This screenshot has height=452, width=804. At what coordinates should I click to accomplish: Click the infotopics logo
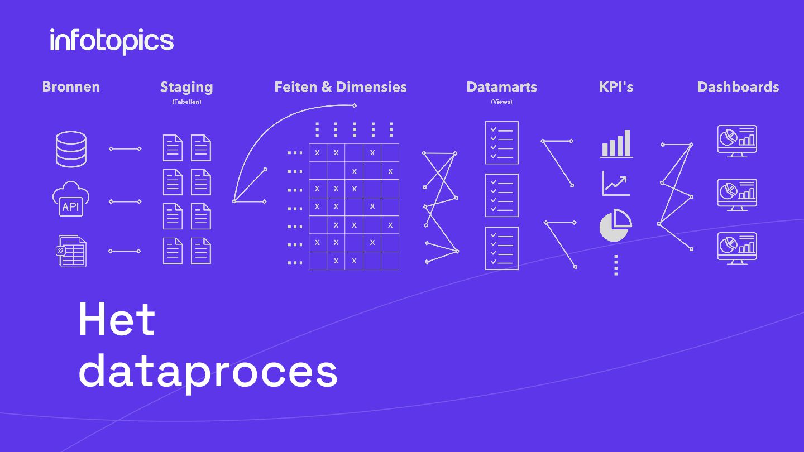coord(112,41)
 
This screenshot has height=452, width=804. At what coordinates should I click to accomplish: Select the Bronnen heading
coord(71,87)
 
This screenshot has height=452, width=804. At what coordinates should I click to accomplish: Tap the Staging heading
coord(186,87)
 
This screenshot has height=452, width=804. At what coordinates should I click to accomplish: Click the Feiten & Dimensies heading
coord(341,87)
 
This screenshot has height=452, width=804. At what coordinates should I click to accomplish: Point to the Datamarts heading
coord(501,87)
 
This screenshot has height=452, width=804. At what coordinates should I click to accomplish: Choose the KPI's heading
coord(616,87)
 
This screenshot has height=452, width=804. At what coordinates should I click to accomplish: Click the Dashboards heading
coord(738,87)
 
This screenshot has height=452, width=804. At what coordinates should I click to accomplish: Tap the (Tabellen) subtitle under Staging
coord(186,102)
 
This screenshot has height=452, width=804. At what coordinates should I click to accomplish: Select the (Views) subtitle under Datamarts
coord(501,102)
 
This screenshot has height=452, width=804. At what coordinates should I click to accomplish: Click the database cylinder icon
coord(71,149)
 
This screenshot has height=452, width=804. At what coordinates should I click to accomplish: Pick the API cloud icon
coord(71,199)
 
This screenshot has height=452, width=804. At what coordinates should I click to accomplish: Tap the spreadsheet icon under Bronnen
coord(72,251)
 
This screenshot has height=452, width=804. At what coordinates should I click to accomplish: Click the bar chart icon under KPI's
coord(616,144)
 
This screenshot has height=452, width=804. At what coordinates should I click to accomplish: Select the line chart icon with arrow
coord(616,184)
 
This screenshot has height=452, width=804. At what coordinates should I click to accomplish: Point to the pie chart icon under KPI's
coord(615,225)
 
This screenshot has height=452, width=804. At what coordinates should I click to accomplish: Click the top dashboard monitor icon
coord(737,141)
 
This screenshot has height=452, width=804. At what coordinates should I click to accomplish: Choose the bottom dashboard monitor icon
coord(737,248)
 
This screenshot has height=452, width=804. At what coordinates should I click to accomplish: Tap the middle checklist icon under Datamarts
coord(501,195)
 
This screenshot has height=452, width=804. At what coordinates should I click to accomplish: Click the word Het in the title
coord(117,319)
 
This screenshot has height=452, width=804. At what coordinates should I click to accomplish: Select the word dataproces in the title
coord(208,371)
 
